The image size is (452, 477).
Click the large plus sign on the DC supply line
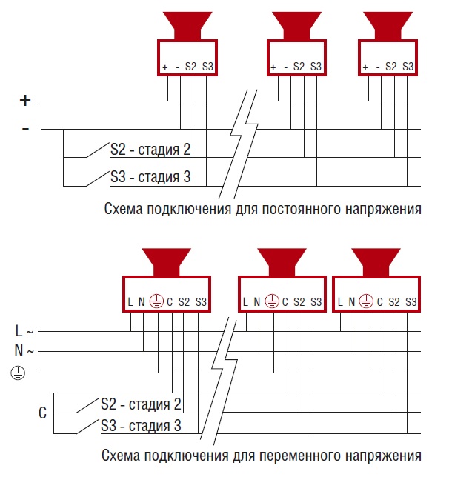pos(26,100)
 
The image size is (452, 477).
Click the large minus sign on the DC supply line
pos(26,130)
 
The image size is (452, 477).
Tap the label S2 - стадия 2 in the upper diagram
pos(150,150)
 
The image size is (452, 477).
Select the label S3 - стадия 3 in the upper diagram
pos(150,177)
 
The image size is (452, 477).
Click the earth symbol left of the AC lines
pos(18,373)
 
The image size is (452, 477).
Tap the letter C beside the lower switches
pos(42,413)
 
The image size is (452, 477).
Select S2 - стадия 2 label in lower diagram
pos(141,404)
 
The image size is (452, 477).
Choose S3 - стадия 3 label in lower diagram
pos(141,426)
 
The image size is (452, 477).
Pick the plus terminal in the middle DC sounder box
pos(273,67)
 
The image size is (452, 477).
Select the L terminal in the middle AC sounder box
pos(246,302)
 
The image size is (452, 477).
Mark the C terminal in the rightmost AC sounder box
pos(380,302)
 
